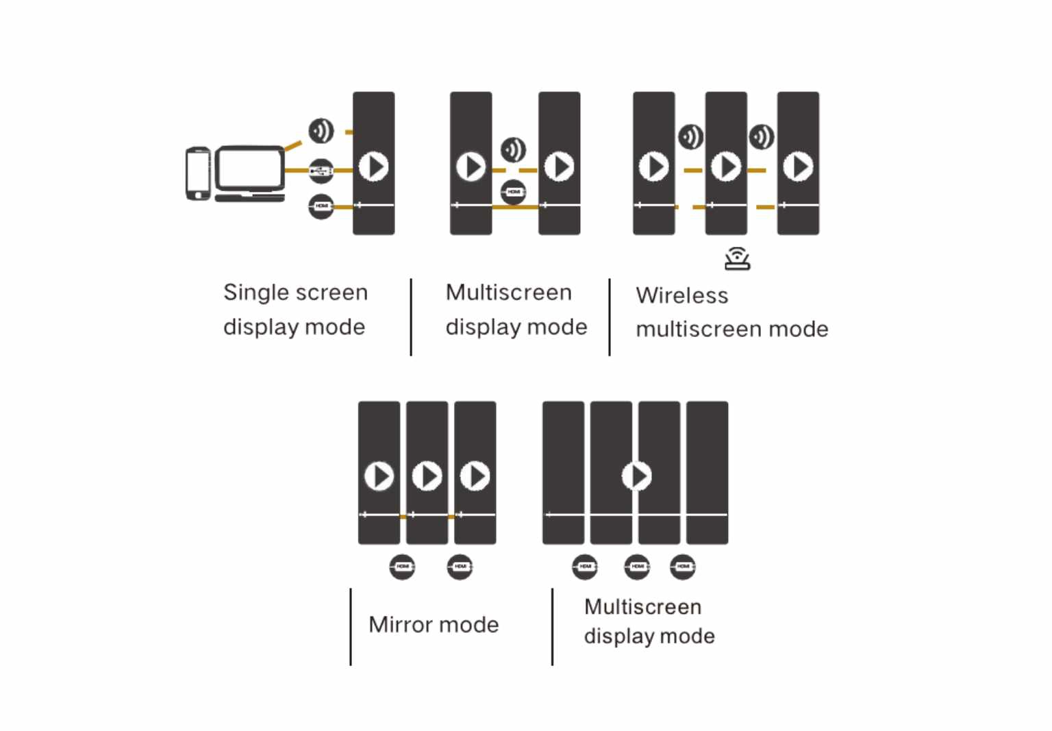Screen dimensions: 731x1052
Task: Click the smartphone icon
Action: [198, 174]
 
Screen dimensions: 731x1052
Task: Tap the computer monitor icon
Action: [250, 172]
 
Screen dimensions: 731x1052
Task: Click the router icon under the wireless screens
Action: [737, 259]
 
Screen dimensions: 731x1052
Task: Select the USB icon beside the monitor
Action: [321, 171]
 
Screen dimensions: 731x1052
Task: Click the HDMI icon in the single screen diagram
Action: [321, 206]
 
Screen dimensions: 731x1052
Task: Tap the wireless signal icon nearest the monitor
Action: [321, 131]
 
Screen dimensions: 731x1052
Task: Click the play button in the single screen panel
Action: [374, 166]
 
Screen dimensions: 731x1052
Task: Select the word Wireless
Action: [682, 295]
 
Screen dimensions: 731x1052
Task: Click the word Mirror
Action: [400, 625]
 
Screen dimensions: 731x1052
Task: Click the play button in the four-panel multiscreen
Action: [637, 475]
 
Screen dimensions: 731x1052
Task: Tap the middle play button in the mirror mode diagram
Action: [427, 475]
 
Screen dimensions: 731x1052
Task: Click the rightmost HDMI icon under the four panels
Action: [683, 567]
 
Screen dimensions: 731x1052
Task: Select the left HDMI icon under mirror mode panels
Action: [403, 567]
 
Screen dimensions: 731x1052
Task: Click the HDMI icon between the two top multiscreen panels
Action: [514, 193]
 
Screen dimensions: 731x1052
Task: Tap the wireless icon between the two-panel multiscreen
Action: [514, 149]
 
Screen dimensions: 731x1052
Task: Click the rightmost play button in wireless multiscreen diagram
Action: [798, 166]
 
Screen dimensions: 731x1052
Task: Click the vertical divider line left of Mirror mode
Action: [351, 626]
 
